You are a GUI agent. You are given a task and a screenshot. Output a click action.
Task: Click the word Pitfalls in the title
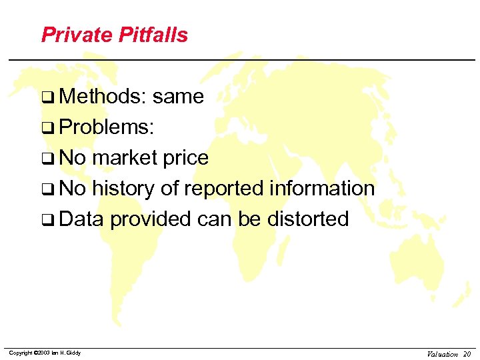(153, 35)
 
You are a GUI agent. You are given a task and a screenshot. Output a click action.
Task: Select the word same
(178, 97)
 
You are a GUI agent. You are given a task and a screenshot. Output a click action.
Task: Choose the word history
(124, 189)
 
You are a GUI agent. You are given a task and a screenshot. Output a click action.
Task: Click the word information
(323, 189)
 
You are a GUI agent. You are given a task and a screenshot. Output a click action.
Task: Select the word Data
(82, 219)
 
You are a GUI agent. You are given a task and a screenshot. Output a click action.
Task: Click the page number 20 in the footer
(467, 354)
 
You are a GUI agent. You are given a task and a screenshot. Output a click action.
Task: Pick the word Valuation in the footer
(443, 354)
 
